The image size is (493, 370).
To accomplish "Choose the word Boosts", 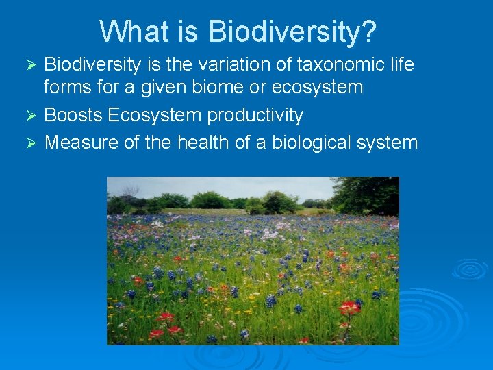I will (x=73, y=115).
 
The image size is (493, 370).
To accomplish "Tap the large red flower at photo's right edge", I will (x=350, y=308).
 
